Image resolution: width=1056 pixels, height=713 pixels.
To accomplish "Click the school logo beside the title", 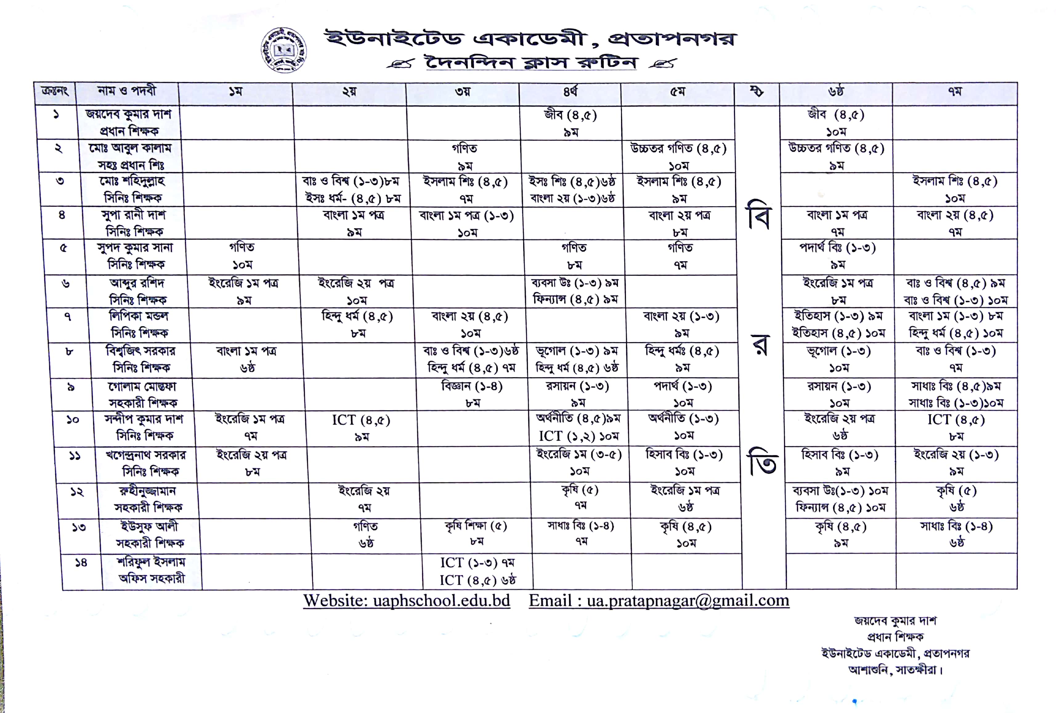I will pos(283,50).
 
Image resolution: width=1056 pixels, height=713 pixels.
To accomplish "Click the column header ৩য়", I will pos(463,92).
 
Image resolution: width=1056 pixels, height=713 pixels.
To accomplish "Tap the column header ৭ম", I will pos(954,92).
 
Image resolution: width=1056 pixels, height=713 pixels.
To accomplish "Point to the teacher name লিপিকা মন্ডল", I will pos(139,316).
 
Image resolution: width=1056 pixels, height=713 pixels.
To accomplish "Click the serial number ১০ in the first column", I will pos(73,420).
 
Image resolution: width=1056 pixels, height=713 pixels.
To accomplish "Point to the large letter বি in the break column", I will pos(758,215).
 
